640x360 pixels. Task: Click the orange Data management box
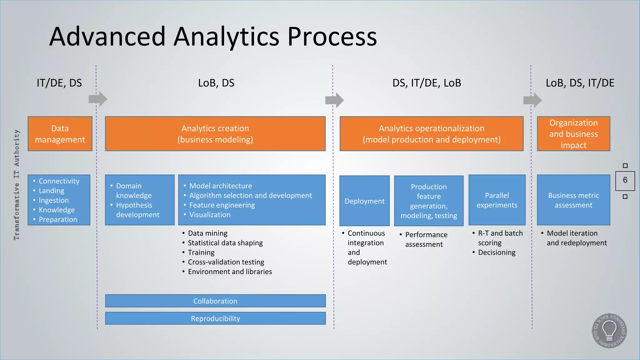(60, 134)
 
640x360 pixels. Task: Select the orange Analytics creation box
(215, 134)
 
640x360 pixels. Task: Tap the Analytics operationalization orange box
(431, 134)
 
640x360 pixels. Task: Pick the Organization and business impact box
(573, 134)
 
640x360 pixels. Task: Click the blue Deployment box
(364, 201)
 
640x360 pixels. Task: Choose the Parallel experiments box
(497, 200)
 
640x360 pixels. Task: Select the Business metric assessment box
(573, 200)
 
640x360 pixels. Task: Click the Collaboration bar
(215, 301)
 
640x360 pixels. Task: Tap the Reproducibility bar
(215, 318)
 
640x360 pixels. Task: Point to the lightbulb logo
(609, 331)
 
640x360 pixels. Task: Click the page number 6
(625, 180)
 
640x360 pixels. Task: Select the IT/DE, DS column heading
(59, 83)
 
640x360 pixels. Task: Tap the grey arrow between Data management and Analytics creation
(98, 99)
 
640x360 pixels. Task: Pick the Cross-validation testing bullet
(226, 262)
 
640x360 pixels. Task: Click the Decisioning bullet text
(497, 252)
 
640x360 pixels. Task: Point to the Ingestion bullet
(53, 200)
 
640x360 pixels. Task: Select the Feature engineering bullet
(222, 205)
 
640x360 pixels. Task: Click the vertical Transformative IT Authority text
(17, 185)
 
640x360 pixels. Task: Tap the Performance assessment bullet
(426, 239)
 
